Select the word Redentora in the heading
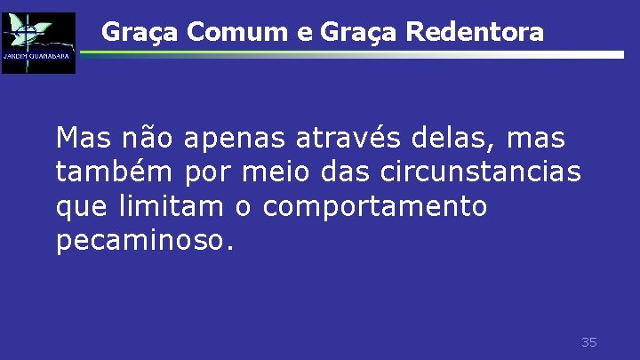pyautogui.click(x=476, y=33)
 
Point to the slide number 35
pyautogui.click(x=588, y=342)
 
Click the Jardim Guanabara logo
pyautogui.click(x=38, y=43)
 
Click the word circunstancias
pyautogui.click(x=487, y=172)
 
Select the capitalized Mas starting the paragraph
pyautogui.click(x=82, y=138)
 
